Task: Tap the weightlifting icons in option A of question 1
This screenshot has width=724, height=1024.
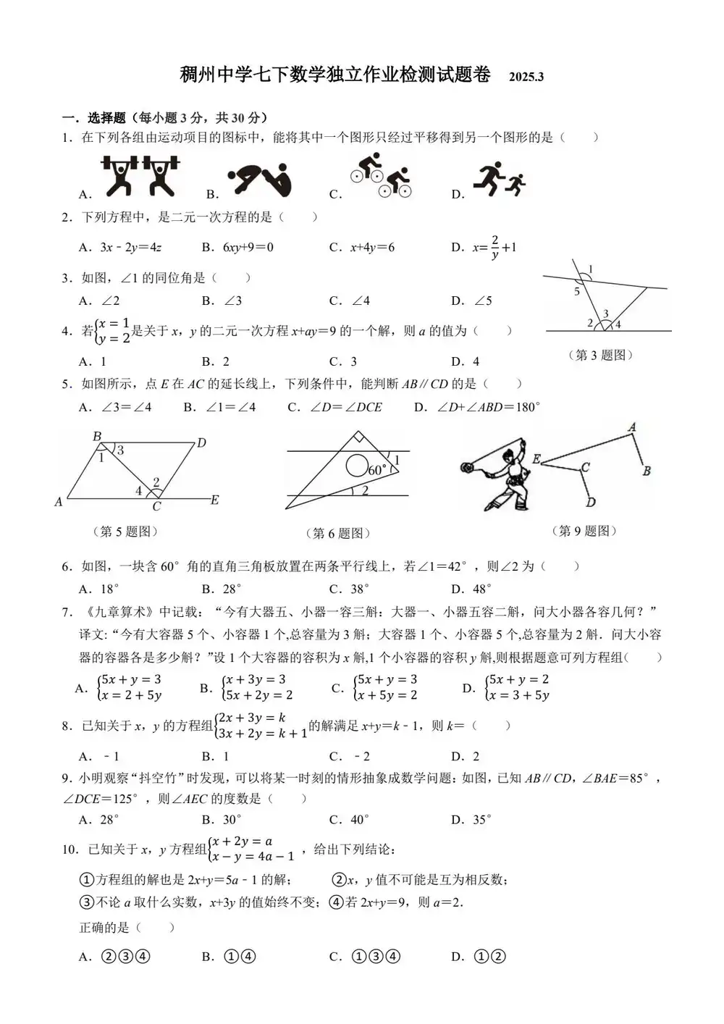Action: [140, 176]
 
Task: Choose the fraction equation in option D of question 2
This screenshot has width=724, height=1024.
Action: [494, 248]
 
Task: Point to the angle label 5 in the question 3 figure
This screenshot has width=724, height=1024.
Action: [577, 292]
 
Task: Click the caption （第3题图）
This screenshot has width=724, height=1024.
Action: [600, 355]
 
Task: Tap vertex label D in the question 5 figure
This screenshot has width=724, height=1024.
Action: [202, 442]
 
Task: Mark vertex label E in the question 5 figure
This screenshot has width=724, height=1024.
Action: [215, 500]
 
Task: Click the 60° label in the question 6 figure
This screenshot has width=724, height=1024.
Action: [377, 470]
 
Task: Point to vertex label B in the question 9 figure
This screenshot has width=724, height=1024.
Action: [647, 471]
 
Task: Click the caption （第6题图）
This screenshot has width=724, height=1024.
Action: [337, 534]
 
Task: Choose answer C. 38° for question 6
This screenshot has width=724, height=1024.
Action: [349, 589]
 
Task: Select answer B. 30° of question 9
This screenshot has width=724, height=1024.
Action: [222, 820]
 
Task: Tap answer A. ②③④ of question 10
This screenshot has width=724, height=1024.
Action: [114, 957]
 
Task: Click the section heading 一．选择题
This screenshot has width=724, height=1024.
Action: [94, 118]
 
